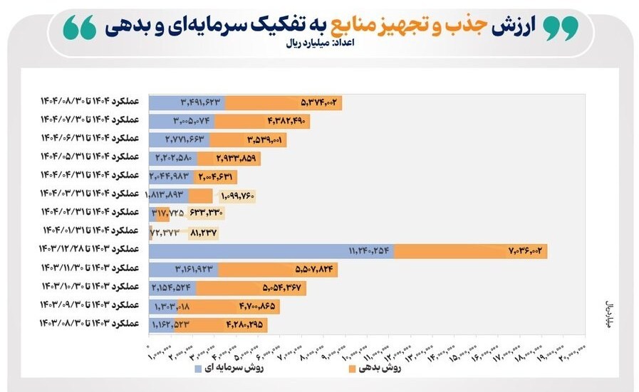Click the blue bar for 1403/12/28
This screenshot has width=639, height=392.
click(271, 250)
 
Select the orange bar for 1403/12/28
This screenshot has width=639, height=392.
click(470, 250)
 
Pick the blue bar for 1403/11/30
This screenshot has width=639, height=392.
click(184, 269)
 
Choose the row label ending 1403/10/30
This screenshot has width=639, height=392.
click(90, 287)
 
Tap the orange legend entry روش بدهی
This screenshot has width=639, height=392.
click(375, 369)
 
